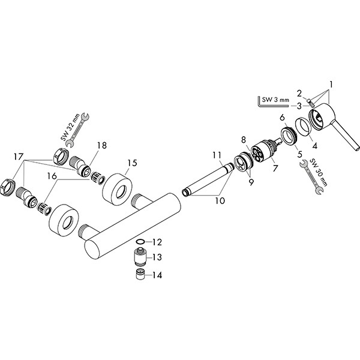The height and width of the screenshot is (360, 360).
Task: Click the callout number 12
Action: tap(158, 242)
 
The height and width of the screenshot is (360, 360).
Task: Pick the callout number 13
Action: tap(158, 257)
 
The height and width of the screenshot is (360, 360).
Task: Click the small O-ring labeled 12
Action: tap(140, 242)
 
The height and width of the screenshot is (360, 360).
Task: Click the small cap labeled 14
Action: tap(139, 276)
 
